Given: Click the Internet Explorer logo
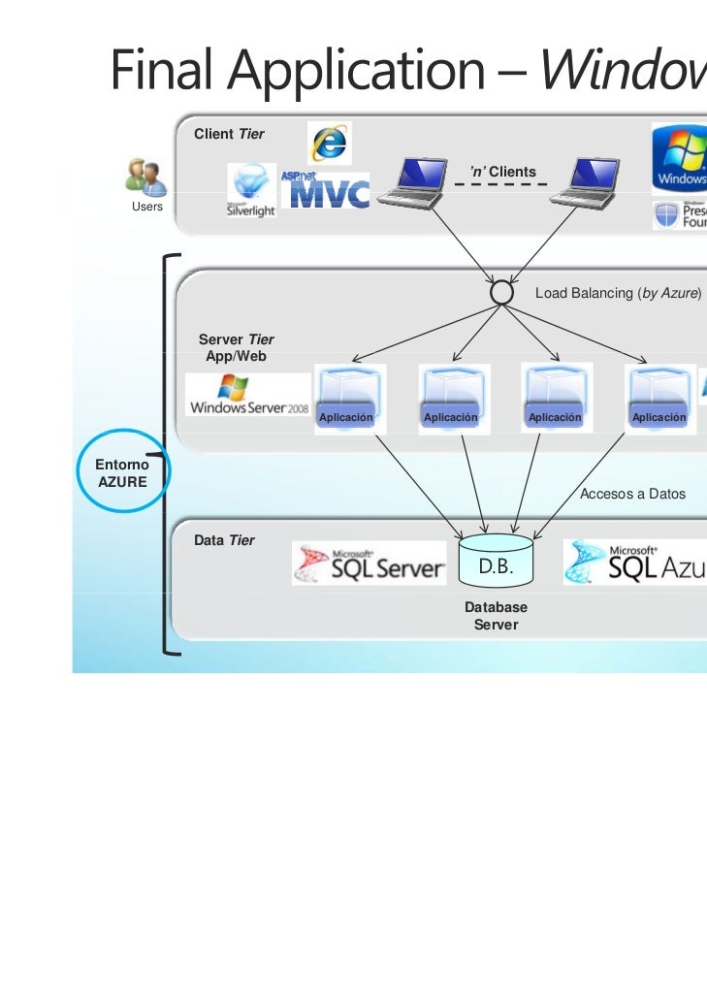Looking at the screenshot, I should (330, 143).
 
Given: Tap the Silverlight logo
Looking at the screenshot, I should (251, 190).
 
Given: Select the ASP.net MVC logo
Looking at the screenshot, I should (325, 191).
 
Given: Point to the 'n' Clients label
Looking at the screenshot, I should (502, 172).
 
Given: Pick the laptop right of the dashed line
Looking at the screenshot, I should (584, 182).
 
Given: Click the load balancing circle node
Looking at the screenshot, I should (501, 291).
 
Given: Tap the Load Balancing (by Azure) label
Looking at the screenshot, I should (618, 293).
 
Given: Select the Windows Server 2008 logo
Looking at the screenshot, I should (248, 397).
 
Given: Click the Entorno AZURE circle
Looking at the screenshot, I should (122, 471).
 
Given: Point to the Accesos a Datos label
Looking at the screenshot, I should (632, 494).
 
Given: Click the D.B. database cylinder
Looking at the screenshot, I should (496, 561).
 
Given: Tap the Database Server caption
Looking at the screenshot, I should (496, 616).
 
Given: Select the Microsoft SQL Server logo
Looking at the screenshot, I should (370, 564).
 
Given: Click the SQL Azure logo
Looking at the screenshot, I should (635, 564).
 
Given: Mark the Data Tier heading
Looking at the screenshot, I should (224, 540).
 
